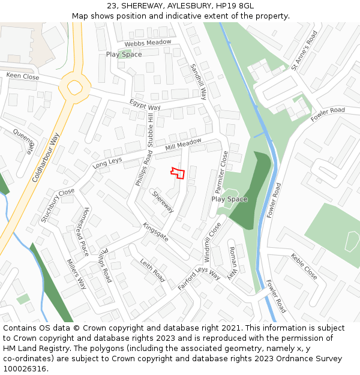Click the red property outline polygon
(177, 172)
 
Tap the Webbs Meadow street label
(148, 43)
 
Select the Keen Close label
(23, 76)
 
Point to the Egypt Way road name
(145, 104)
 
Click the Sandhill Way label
(199, 82)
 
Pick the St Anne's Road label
(304, 51)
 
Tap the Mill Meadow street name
(184, 145)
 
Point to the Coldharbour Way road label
(46, 158)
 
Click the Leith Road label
(152, 270)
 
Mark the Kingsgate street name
(156, 232)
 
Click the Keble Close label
(304, 266)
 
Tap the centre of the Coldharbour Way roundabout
(74, 88)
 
